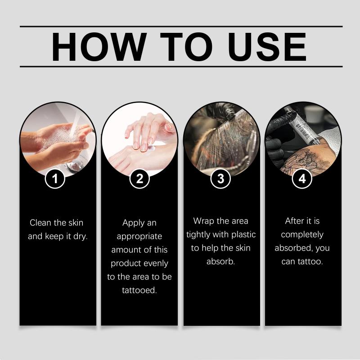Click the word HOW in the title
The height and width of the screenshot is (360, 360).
click(99, 47)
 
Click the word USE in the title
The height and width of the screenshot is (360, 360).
click(267, 47)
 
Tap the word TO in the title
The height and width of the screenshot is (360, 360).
click(186, 47)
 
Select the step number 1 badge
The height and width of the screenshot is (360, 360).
click(55, 178)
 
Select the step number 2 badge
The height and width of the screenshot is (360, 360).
click(139, 178)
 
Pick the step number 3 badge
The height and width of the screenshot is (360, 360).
click(220, 178)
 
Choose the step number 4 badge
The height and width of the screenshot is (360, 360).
click(302, 178)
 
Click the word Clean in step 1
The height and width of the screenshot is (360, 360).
click(40, 222)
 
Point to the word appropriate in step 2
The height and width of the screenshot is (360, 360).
click(139, 237)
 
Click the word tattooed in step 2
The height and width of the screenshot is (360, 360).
click(139, 290)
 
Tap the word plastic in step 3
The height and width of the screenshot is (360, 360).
click(243, 234)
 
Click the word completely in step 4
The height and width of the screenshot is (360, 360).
click(302, 234)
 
